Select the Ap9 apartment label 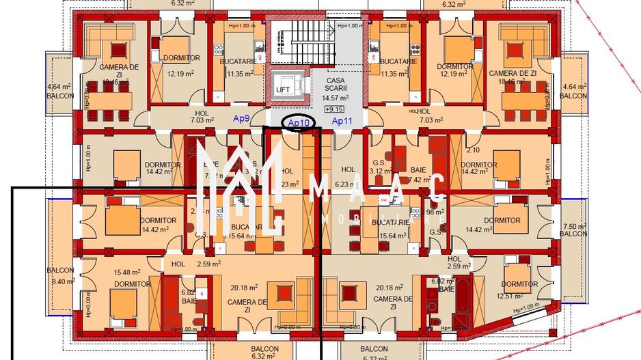[x=241, y=119]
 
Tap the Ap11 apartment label [x=341, y=121]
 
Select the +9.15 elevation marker [x=335, y=109]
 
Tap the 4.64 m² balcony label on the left [x=59, y=87]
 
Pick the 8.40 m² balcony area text [x=62, y=281]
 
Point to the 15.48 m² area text [x=131, y=273]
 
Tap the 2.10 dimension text [x=472, y=150]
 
